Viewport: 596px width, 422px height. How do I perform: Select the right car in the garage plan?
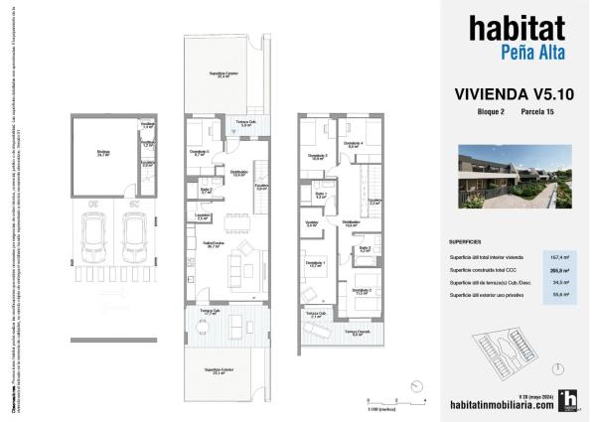tap(134, 241)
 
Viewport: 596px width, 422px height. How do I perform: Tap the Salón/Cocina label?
tap(211, 245)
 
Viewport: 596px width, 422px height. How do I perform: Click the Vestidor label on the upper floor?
tap(311, 224)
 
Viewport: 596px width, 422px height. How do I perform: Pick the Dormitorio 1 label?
tap(318, 265)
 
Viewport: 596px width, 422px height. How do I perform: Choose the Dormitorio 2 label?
tap(360, 291)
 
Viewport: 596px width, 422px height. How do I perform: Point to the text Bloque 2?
tap(491, 114)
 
